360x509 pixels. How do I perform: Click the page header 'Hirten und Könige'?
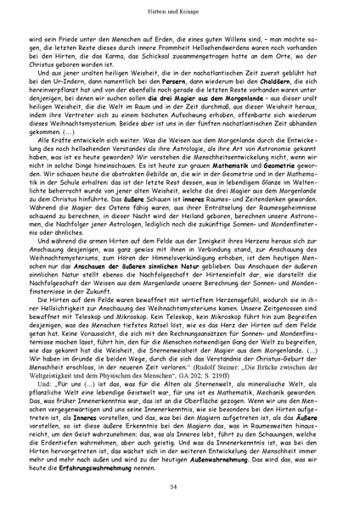pyautogui.click(x=179, y=15)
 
